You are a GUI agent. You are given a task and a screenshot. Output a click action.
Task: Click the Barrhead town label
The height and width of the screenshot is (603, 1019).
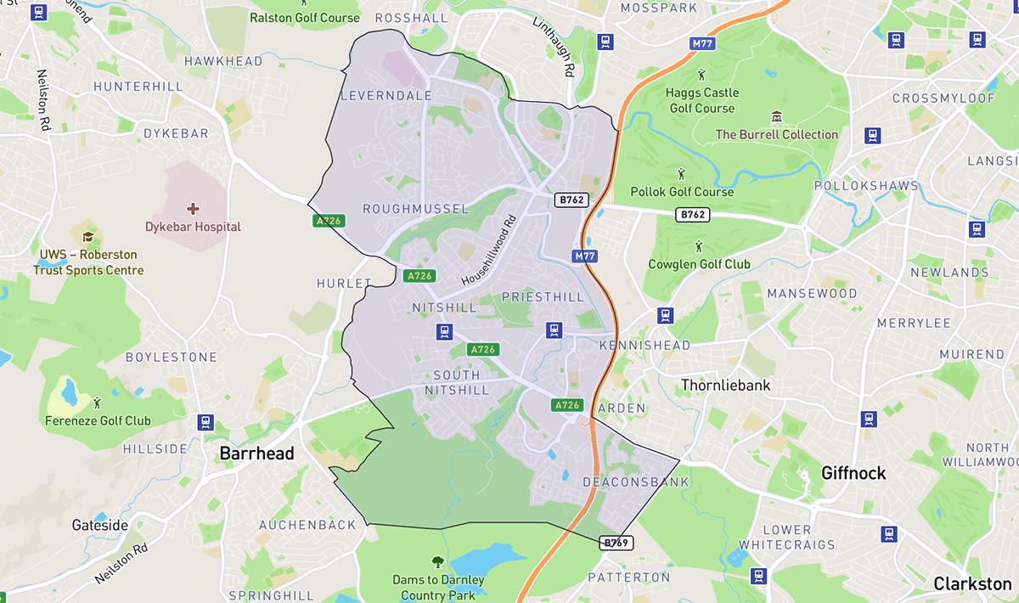point(256,454)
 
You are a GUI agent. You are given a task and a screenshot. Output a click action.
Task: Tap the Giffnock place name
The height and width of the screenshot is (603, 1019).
point(853,473)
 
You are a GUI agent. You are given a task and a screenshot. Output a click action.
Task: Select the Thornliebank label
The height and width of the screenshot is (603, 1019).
point(725,386)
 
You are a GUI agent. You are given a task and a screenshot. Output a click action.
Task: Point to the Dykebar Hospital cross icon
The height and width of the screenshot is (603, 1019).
point(193,208)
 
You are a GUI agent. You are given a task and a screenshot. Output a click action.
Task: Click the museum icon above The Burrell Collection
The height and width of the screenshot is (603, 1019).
point(775,116)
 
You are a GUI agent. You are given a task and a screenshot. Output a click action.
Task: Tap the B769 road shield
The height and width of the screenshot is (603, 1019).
point(617,543)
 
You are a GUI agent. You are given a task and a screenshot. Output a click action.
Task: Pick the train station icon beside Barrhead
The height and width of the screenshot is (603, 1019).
point(205,421)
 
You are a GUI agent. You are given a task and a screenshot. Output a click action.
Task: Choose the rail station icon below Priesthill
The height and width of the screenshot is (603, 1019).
point(555,330)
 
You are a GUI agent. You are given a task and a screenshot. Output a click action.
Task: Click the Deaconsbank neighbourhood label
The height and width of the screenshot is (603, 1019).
point(624,482)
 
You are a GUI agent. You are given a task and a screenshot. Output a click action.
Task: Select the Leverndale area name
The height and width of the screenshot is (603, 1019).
point(386,96)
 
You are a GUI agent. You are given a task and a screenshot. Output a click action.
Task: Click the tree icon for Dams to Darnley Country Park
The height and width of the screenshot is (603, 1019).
point(438,561)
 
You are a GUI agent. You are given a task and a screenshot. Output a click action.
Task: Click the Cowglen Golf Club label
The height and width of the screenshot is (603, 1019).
point(699,264)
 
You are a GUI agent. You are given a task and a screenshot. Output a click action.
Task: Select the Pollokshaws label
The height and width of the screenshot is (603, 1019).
point(866,186)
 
